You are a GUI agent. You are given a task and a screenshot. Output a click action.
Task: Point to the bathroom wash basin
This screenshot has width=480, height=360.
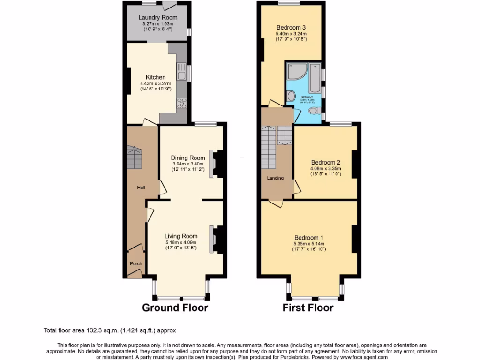[x=291, y=97]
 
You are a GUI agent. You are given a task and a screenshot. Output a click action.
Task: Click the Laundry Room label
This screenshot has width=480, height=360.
[x=157, y=18]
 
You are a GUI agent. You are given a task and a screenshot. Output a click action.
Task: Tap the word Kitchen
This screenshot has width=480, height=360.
[x=156, y=77]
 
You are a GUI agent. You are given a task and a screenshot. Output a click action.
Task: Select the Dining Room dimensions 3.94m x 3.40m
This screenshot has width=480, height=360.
[x=188, y=164]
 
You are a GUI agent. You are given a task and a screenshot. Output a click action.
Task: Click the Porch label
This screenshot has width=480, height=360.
[x=136, y=263]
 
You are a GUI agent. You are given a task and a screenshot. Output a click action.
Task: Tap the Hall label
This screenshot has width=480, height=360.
[x=141, y=187]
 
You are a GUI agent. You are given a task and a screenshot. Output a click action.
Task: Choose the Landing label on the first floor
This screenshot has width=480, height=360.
[x=275, y=178]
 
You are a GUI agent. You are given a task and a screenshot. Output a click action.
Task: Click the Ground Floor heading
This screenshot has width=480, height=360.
[x=175, y=307]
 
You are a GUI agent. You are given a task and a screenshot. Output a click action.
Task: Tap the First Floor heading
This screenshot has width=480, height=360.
[x=308, y=307]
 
